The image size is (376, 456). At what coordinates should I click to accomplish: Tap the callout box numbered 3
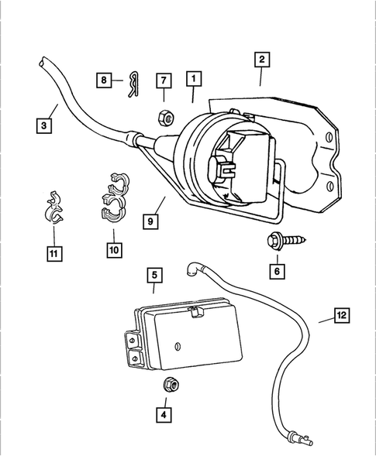[47, 122]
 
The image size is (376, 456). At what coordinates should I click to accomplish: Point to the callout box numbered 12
[341, 314]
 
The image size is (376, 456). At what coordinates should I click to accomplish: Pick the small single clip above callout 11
[53, 208]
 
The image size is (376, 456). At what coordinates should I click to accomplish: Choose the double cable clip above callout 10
[112, 201]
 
